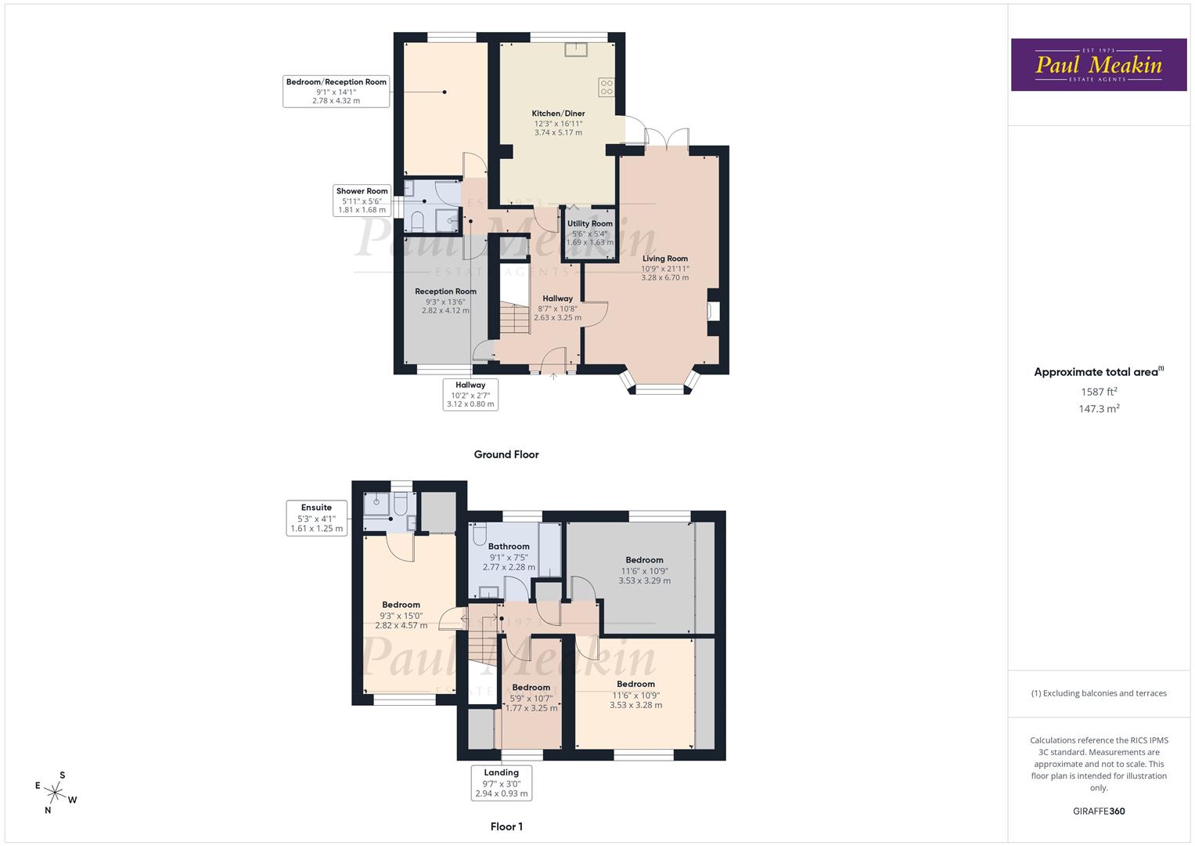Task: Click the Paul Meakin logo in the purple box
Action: click(1098, 65)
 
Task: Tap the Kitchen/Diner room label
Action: click(559, 114)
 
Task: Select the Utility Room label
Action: click(590, 224)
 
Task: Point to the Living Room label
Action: click(665, 258)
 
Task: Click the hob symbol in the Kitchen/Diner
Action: click(606, 87)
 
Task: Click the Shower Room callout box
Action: click(362, 201)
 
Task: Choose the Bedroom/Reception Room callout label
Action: click(337, 91)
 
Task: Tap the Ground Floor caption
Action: click(506, 454)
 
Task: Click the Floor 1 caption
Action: click(506, 826)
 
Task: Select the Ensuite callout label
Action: click(316, 518)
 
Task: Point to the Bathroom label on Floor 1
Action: click(509, 547)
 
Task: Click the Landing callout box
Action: click(502, 783)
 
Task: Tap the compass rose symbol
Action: click(56, 792)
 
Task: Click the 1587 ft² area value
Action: click(1099, 392)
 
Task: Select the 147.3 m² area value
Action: click(1099, 409)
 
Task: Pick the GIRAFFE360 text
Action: click(1099, 812)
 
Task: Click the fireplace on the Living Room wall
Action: click(713, 311)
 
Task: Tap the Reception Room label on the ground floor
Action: click(445, 291)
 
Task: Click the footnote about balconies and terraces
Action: click(1099, 693)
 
